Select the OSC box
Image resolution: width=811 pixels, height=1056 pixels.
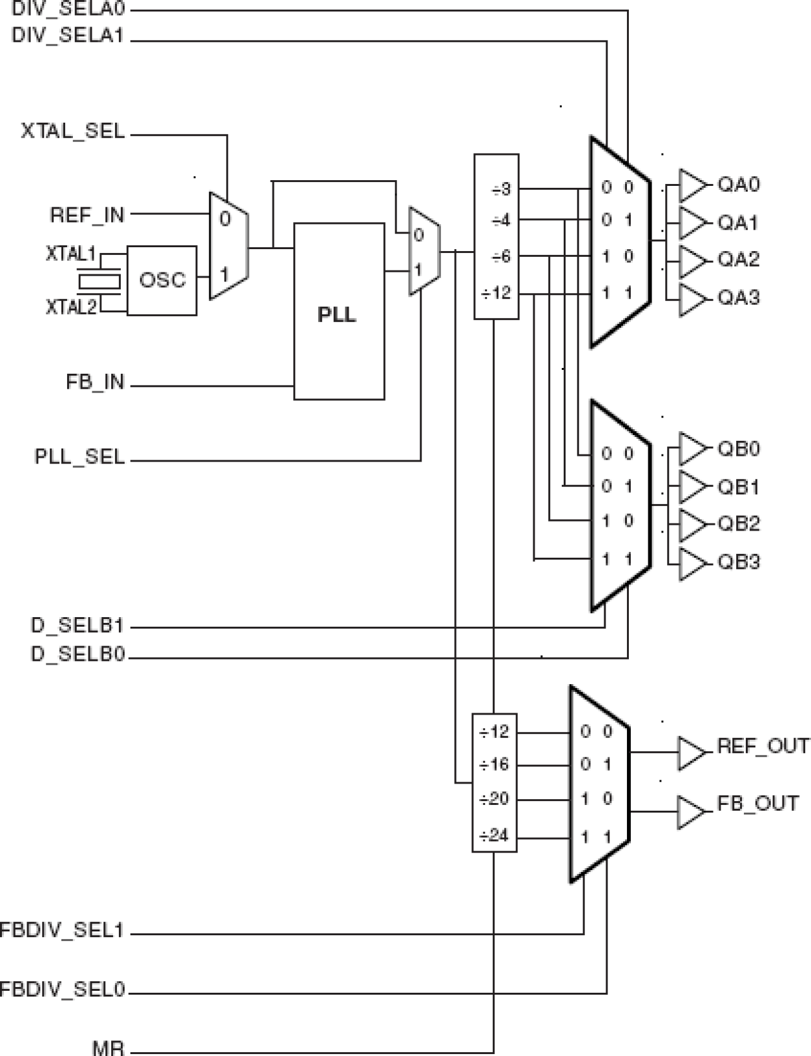[161, 280]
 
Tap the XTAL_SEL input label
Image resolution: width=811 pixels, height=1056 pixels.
[72, 132]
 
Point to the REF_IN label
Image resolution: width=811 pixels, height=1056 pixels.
[87, 214]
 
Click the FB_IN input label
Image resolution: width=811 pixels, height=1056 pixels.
[95, 382]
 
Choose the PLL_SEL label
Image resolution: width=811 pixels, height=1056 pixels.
[79, 457]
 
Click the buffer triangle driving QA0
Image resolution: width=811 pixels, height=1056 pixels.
[693, 186]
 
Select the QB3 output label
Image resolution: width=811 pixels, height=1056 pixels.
[739, 562]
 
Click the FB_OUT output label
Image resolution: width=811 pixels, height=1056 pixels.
[757, 804]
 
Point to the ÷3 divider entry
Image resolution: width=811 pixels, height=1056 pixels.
[500, 189]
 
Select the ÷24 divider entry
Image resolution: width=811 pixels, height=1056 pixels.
[494, 836]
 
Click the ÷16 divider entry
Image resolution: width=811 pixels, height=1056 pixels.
[494, 765]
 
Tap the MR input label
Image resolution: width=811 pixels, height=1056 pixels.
[108, 1047]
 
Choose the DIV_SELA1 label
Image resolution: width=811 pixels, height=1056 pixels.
[67, 36]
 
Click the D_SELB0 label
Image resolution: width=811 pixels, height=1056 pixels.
[77, 655]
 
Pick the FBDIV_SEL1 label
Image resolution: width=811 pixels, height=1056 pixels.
[61, 931]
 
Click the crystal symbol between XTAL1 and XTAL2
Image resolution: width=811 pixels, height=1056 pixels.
[99, 281]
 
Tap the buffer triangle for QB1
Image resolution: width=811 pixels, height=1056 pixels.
[693, 487]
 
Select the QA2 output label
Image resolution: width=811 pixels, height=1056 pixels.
[739, 259]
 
